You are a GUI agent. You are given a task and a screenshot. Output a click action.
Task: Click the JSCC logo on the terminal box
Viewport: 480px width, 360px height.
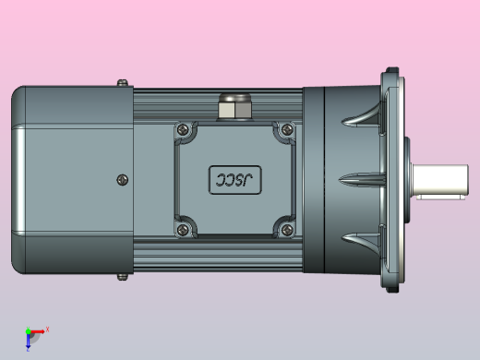pos(234,179)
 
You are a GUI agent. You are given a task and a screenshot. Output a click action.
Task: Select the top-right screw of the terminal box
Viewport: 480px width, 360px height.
pos(286,130)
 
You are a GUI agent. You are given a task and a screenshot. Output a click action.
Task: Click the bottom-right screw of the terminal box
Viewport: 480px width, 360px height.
pos(286,227)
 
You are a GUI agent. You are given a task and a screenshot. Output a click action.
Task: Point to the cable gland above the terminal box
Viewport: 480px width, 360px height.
pos(231,106)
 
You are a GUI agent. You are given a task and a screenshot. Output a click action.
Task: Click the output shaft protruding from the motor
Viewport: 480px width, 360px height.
pos(444,179)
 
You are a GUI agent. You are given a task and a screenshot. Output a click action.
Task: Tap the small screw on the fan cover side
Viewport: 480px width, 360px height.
pos(123,179)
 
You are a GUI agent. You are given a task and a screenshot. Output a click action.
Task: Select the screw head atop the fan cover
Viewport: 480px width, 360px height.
pos(122,83)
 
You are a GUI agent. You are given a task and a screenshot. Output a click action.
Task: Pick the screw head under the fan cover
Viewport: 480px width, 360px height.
pos(122,275)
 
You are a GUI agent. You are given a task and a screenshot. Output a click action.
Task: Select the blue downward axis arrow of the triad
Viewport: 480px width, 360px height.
pos(28,342)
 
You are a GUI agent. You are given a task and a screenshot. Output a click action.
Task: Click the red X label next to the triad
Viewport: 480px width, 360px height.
pos(47,329)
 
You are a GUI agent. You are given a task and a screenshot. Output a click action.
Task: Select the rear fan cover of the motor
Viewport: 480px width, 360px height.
pos(69,179)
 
